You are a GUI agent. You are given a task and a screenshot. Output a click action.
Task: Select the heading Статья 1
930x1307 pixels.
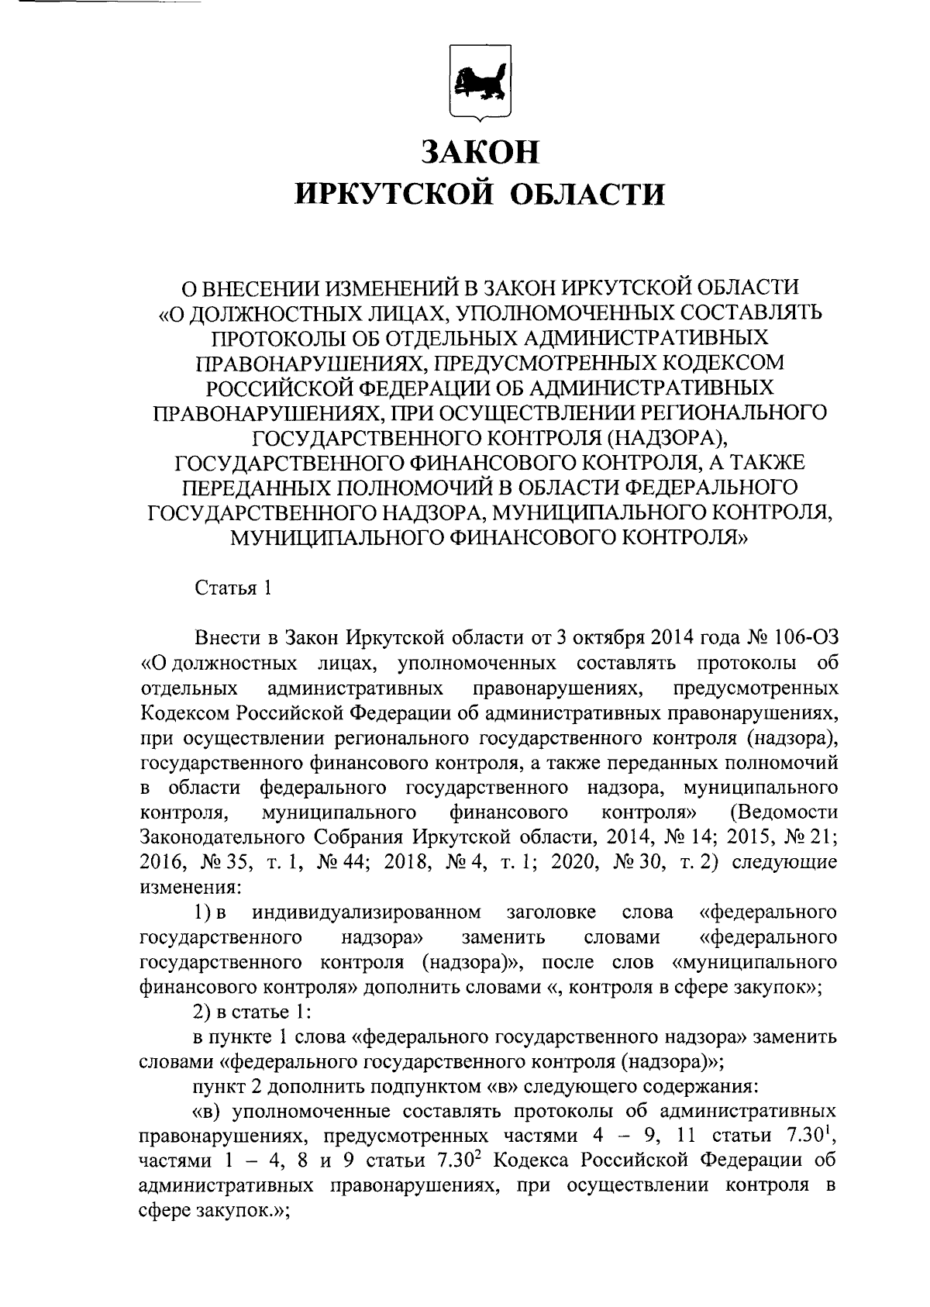(232, 588)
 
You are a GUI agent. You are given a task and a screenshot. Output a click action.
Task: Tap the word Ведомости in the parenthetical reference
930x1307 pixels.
(784, 812)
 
